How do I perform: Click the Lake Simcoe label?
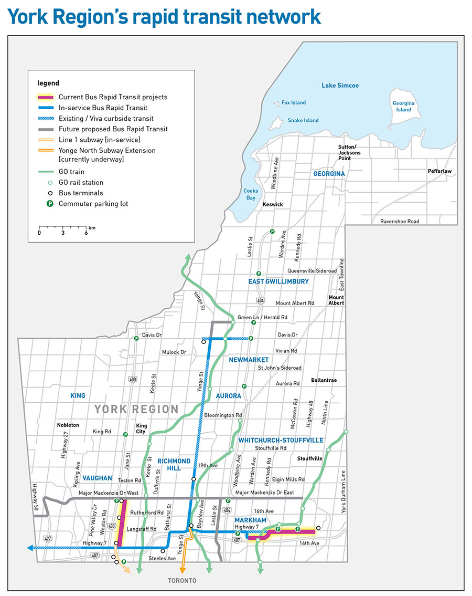pyautogui.click(x=340, y=86)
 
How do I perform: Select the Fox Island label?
pyautogui.click(x=293, y=102)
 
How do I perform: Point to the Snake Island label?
pyautogui.click(x=303, y=120)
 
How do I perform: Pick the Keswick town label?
pyautogui.click(x=273, y=204)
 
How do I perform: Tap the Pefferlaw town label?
pyautogui.click(x=439, y=171)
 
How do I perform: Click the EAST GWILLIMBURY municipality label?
pyautogui.click(x=278, y=282)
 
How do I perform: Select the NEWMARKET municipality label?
pyautogui.click(x=248, y=360)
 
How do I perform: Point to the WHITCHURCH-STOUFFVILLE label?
pyautogui.click(x=281, y=440)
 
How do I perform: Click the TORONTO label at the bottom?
pyautogui.click(x=182, y=581)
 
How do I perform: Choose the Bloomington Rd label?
pyautogui.click(x=223, y=415)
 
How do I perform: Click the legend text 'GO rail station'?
pyautogui.click(x=81, y=182)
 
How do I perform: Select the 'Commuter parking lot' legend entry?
pyautogui.click(x=93, y=204)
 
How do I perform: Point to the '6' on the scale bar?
pyautogui.click(x=85, y=233)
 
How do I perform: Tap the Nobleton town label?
pyautogui.click(x=68, y=425)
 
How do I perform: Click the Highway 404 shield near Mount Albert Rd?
pyautogui.click(x=261, y=300)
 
